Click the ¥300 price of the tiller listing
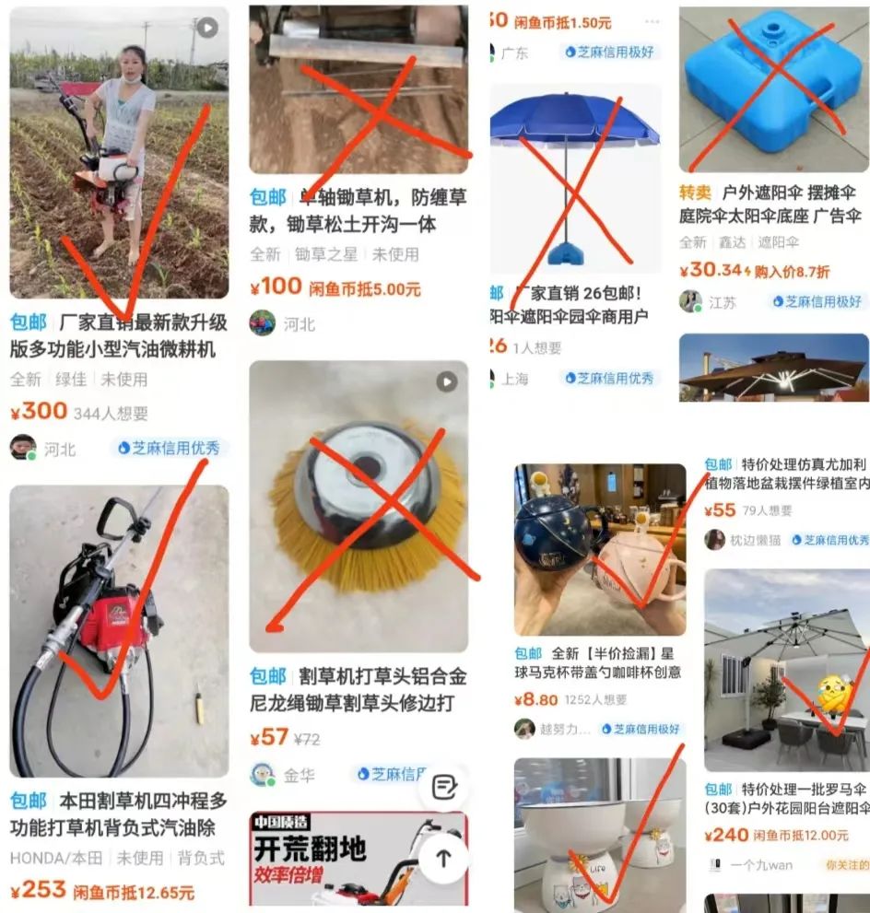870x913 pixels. (39, 411)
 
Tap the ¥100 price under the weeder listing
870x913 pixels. (276, 287)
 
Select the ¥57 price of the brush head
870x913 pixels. (269, 737)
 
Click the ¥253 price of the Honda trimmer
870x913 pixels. (39, 890)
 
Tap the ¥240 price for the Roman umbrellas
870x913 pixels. (726, 835)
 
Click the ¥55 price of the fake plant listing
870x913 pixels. (720, 509)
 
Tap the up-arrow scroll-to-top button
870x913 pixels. (443, 858)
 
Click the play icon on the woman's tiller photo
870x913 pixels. (207, 28)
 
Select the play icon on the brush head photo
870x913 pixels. (446, 381)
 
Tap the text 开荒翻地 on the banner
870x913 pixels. (310, 848)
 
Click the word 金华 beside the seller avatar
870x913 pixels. (300, 775)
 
